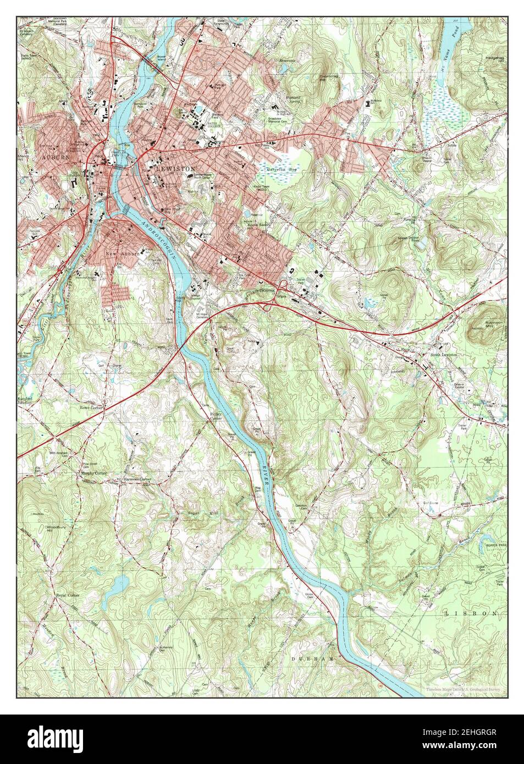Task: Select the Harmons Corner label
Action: pos(137,480)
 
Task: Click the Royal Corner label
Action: pos(68,595)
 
